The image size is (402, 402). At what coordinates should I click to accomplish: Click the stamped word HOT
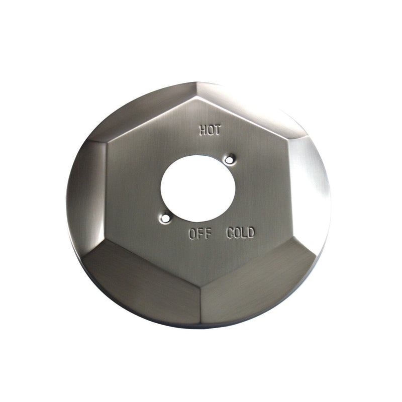point(210,131)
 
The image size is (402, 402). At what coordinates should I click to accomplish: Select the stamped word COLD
point(241,233)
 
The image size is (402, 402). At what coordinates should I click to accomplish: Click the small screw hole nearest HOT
point(230,160)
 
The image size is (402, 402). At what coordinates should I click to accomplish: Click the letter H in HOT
point(203,131)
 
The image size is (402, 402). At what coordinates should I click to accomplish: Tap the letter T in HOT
point(217,131)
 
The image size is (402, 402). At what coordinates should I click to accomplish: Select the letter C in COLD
point(230,233)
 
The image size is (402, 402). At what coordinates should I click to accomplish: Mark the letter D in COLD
point(251,233)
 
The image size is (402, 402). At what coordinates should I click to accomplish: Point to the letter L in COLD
point(244,233)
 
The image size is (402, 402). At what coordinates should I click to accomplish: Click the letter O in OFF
point(193,234)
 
